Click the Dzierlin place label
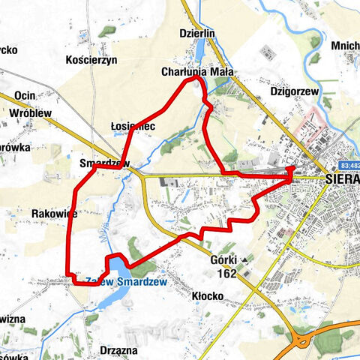[198, 33]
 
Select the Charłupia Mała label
[197, 73]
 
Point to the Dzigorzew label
[292, 91]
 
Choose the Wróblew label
[30, 112]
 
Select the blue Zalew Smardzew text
[125, 281]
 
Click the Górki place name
[224, 260]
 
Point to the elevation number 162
[226, 274]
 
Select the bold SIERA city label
[343, 180]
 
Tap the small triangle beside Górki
[244, 259]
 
